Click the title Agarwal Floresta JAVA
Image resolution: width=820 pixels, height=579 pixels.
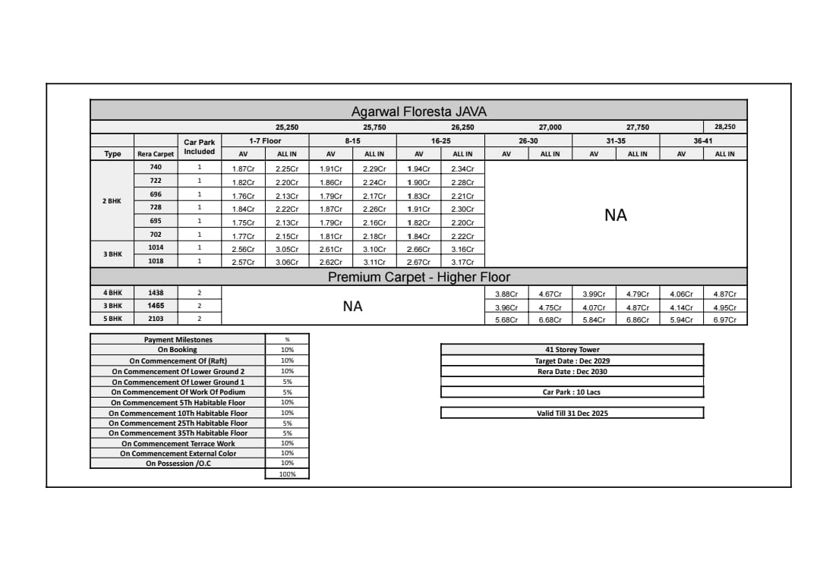point(418,112)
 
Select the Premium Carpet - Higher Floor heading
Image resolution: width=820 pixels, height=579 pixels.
point(418,277)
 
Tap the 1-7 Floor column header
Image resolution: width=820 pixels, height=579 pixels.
point(265,140)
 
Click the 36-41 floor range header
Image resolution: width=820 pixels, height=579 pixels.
point(703,140)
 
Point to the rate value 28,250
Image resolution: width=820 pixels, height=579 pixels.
point(725,127)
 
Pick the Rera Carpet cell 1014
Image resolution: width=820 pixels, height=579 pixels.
point(156,247)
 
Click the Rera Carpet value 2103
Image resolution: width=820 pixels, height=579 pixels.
point(156,319)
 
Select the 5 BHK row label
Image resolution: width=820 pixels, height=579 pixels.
point(112,319)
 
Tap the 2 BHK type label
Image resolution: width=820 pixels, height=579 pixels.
point(112,201)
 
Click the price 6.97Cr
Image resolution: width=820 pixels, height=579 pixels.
point(725,319)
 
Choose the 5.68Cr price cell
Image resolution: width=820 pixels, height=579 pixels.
point(506,319)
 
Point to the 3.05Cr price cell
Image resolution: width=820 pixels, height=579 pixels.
point(287,249)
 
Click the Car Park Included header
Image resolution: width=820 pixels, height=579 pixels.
point(200,146)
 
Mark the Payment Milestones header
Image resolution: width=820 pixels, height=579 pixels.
point(178,340)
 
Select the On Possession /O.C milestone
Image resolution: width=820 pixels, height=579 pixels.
point(178,464)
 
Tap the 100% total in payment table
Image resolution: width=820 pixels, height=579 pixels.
point(287,474)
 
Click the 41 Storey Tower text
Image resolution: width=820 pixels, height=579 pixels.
point(572,350)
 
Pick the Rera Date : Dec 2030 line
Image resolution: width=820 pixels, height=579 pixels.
point(572,372)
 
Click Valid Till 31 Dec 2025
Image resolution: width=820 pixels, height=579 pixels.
point(572,413)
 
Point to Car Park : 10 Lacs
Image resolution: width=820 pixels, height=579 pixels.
point(572,392)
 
